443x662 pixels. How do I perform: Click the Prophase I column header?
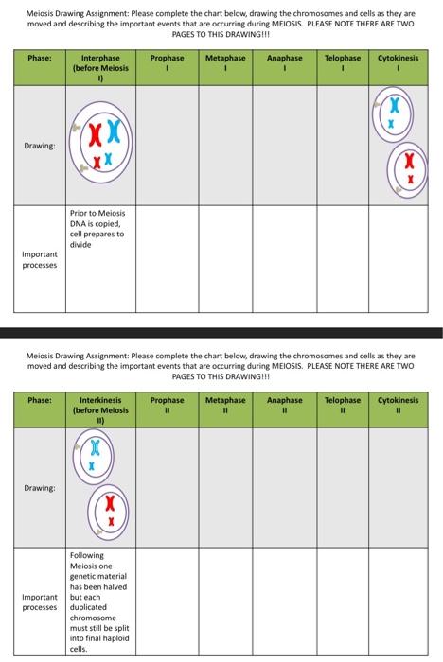[x=168, y=63]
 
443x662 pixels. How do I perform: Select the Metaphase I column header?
[x=225, y=63]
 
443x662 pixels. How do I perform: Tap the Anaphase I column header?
[x=284, y=63]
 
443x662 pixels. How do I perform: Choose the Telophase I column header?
[x=342, y=63]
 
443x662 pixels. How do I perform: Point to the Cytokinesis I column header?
[x=399, y=63]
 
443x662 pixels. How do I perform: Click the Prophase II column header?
[x=168, y=406]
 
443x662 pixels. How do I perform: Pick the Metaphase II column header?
[x=225, y=406]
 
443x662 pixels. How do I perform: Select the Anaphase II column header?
[x=284, y=406]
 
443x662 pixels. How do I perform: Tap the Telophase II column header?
[x=342, y=406]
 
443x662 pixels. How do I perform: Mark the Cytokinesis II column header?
[x=399, y=406]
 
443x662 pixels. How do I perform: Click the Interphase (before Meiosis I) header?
[x=100, y=68]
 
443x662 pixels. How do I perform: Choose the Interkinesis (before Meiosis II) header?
[x=100, y=410]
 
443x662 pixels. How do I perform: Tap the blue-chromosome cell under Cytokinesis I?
[x=389, y=115]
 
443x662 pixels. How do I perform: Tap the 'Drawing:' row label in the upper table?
[x=40, y=147]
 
